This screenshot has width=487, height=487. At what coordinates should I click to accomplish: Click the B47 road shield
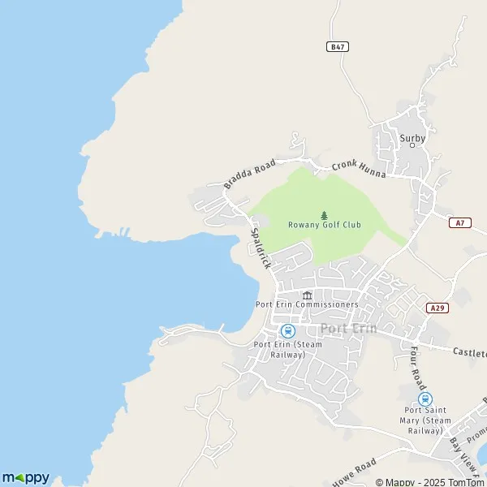(338, 47)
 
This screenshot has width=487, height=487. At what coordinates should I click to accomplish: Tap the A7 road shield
(460, 222)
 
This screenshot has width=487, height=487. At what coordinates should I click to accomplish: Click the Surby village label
(412, 138)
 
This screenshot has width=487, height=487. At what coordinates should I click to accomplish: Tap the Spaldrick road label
(259, 248)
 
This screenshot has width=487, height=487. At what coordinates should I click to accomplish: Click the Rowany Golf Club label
(325, 225)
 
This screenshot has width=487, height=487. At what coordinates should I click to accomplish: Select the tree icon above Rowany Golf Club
(325, 214)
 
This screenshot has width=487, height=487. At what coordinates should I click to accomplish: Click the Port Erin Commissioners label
(307, 304)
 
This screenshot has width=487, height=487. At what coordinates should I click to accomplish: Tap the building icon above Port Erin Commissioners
(307, 295)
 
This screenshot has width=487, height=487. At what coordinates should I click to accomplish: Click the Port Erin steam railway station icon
(287, 330)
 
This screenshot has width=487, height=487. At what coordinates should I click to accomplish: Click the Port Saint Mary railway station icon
(424, 399)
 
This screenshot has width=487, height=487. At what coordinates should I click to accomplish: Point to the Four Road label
(417, 366)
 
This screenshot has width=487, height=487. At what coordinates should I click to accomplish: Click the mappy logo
(26, 476)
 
